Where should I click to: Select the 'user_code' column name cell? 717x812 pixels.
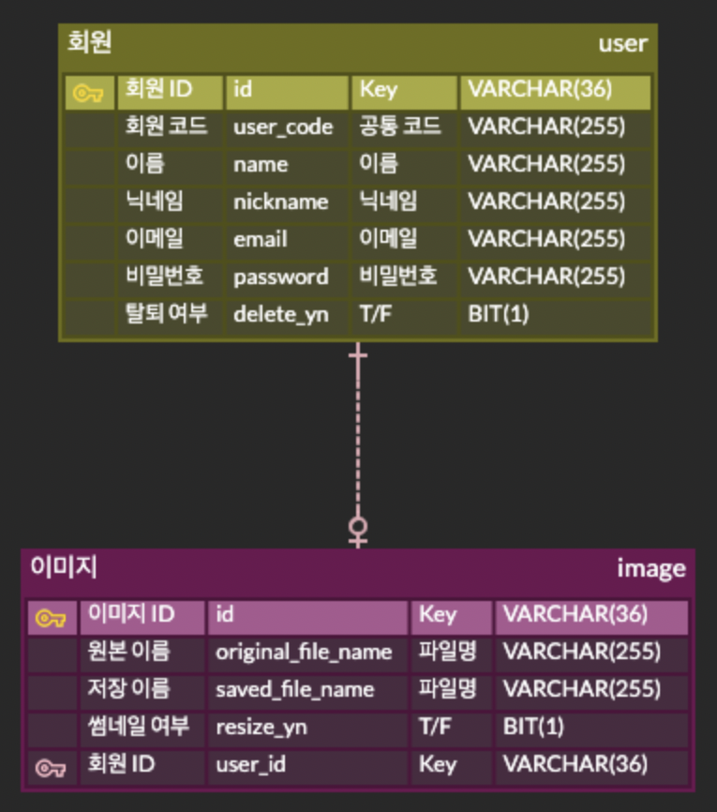pyautogui.click(x=283, y=128)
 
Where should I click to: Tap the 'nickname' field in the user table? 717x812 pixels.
pyautogui.click(x=281, y=202)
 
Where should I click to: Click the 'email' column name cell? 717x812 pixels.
pyautogui.click(x=261, y=239)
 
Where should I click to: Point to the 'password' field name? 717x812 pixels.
pyautogui.click(x=281, y=277)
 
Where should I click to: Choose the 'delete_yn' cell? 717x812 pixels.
pyautogui.click(x=281, y=314)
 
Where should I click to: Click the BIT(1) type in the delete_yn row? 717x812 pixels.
pyautogui.click(x=499, y=314)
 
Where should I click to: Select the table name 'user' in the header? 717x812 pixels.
pyautogui.click(x=622, y=43)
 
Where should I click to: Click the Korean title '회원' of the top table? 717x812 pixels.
pyautogui.click(x=90, y=42)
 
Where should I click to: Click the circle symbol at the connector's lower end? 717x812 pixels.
pyautogui.click(x=358, y=526)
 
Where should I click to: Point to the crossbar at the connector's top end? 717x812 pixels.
pyautogui.click(x=358, y=355)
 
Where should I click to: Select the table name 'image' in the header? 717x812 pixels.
pyautogui.click(x=650, y=568)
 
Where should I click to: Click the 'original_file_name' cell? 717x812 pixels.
pyautogui.click(x=304, y=652)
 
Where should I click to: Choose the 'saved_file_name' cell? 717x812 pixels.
pyautogui.click(x=294, y=689)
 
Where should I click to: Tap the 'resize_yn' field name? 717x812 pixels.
pyautogui.click(x=261, y=727)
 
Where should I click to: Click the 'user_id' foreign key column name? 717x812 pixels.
pyautogui.click(x=250, y=764)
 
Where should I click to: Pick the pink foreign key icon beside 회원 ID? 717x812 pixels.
pyautogui.click(x=51, y=769)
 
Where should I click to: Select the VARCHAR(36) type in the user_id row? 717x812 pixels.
pyautogui.click(x=575, y=764)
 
